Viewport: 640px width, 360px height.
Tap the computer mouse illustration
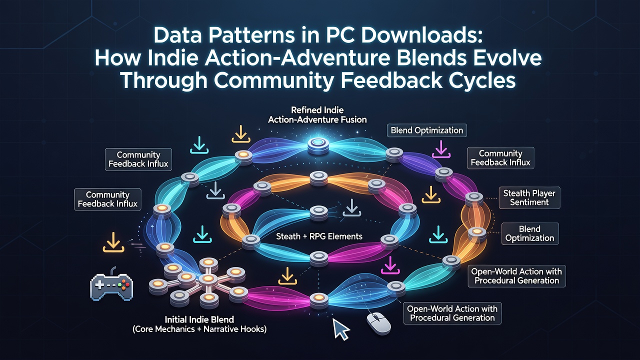click(x=379, y=323)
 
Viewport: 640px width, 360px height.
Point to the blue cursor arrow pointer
click(x=341, y=329)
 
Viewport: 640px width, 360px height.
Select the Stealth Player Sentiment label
click(x=529, y=197)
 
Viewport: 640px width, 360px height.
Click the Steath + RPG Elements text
click(x=319, y=236)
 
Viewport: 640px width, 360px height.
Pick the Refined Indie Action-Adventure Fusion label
click(x=317, y=115)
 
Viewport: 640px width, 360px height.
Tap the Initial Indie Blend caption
click(x=199, y=319)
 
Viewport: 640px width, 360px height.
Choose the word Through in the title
click(x=164, y=81)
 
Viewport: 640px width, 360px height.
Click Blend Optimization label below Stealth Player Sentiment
click(x=530, y=233)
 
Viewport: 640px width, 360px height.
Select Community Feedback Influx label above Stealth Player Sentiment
click(x=500, y=158)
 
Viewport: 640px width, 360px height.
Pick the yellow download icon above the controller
click(x=113, y=242)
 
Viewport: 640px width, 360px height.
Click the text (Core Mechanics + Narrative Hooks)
click(x=199, y=329)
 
